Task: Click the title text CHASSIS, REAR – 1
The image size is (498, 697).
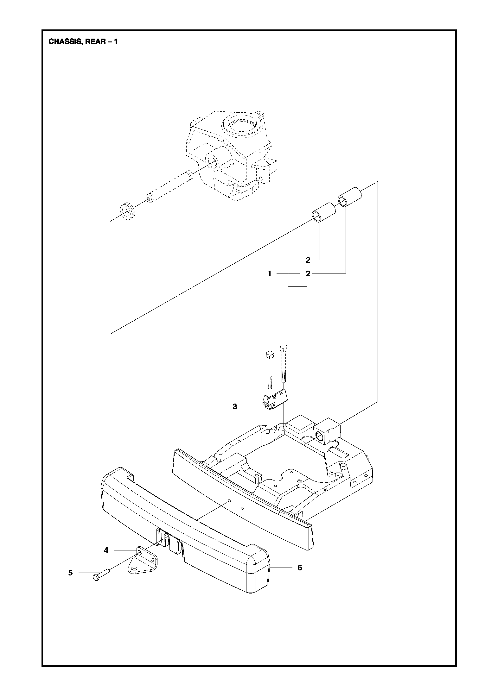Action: (x=83, y=41)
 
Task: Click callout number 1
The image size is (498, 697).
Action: (x=270, y=274)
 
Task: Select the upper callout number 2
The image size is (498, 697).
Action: (x=308, y=260)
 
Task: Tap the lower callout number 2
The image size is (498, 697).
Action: (x=308, y=274)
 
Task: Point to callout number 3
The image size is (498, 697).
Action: (x=235, y=407)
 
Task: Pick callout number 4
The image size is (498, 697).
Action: (x=106, y=550)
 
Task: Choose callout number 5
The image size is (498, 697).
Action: (x=70, y=573)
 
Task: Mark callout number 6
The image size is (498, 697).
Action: (x=300, y=568)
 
